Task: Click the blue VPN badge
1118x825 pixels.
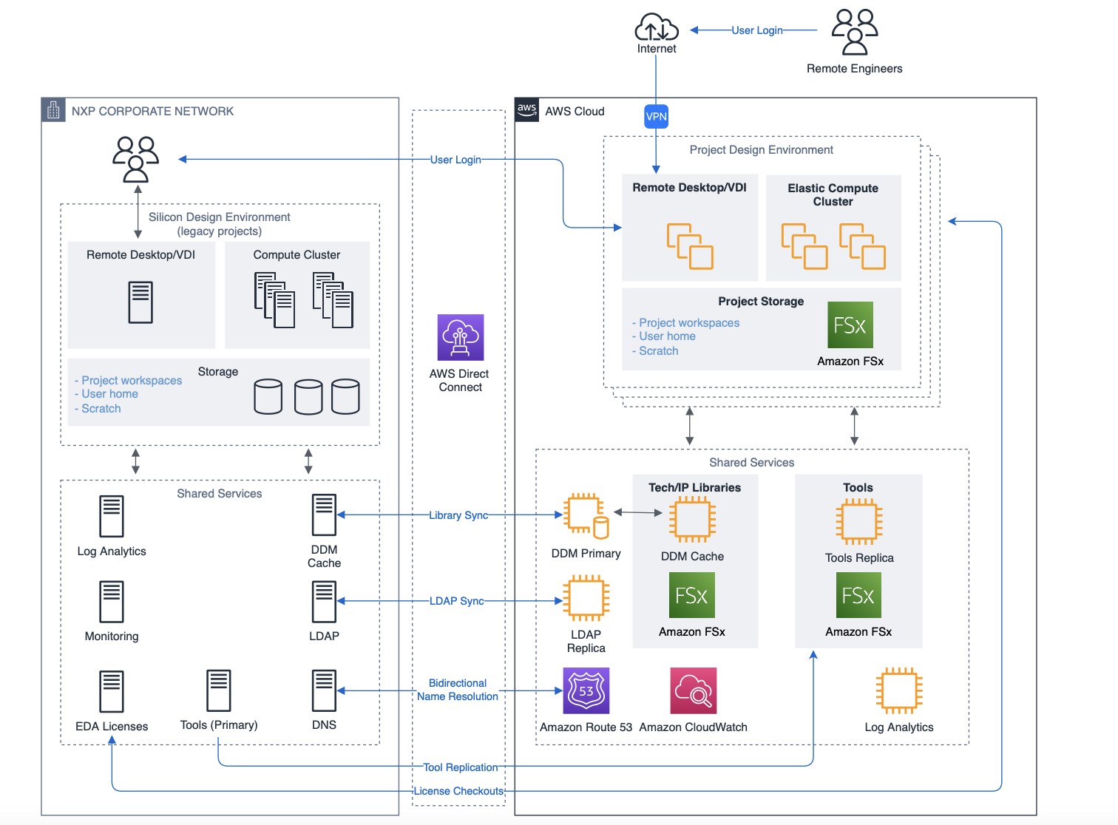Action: tap(656, 116)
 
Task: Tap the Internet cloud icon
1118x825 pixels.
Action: tap(657, 27)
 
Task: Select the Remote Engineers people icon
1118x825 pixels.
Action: tap(855, 33)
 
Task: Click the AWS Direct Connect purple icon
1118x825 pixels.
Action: tap(461, 337)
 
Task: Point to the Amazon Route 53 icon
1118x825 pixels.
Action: tap(586, 690)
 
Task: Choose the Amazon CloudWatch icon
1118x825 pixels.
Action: tap(693, 690)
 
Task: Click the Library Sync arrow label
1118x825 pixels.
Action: tap(458, 515)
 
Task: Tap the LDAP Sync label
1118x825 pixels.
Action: tap(456, 601)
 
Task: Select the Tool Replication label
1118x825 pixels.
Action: tap(460, 767)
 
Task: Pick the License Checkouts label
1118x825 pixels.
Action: tap(458, 791)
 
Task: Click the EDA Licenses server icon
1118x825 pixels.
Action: tap(112, 691)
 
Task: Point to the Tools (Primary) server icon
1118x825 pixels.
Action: tap(219, 690)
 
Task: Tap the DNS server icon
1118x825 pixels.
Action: tap(324, 690)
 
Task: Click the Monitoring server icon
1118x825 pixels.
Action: tap(112, 601)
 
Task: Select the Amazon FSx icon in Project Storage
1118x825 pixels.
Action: tap(850, 325)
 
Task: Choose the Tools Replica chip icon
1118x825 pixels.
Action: tap(859, 521)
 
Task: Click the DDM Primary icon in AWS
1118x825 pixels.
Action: tap(586, 515)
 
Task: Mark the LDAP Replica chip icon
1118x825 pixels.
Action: tap(586, 599)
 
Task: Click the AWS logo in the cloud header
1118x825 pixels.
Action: tap(527, 110)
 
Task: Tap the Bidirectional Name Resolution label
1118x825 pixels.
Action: tap(458, 690)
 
